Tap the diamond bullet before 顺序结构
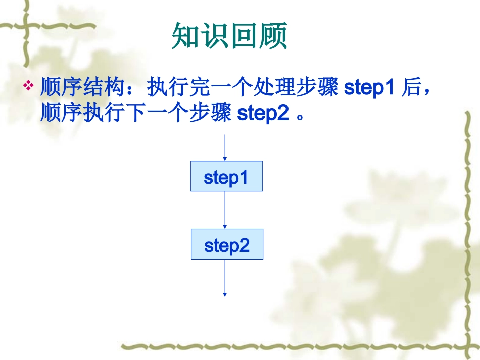pos(29,85)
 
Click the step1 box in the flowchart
pos(226,176)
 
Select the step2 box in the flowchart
pos(227,244)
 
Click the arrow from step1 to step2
pos(224,210)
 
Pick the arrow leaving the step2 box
pos(224,278)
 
